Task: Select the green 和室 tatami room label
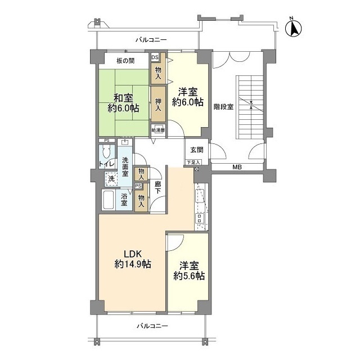(x=124, y=103)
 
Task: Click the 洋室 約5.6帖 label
(x=189, y=271)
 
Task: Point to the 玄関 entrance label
(x=197, y=150)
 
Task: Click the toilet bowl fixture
(x=106, y=152)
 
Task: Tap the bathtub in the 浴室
(x=108, y=200)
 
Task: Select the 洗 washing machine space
(x=111, y=179)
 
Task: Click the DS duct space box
(x=155, y=57)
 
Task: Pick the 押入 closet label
(x=158, y=105)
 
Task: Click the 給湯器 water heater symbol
(x=158, y=129)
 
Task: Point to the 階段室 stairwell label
(x=224, y=107)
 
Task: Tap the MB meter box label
(x=237, y=167)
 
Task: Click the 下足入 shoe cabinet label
(x=193, y=163)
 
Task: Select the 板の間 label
(x=125, y=61)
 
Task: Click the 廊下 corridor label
(x=157, y=187)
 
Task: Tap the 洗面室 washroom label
(x=125, y=166)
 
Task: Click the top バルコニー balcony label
(x=151, y=40)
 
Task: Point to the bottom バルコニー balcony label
(x=152, y=326)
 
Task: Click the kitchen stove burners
(x=199, y=218)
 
